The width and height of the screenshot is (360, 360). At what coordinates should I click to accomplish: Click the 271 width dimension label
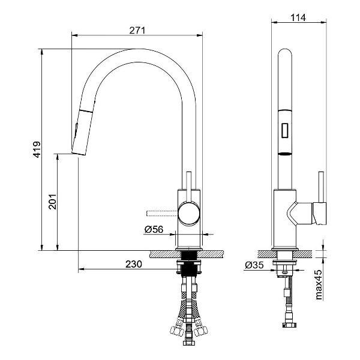coord(137,31)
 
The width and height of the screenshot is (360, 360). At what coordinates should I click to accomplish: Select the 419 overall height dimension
coord(37,149)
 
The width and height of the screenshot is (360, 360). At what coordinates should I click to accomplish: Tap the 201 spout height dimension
coord(53,202)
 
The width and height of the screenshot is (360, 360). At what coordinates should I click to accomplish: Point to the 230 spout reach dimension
coord(134,264)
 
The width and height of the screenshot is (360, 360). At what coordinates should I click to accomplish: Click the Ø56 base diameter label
coord(154,229)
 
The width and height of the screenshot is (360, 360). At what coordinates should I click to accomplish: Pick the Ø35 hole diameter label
coord(254,265)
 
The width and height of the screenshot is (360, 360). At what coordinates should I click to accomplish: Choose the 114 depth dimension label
coord(298,17)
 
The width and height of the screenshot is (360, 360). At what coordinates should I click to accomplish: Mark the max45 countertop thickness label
coord(319,284)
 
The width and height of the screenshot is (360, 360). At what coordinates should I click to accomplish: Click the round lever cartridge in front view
coord(189,213)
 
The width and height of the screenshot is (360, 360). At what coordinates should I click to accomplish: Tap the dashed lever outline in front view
coord(162,213)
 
